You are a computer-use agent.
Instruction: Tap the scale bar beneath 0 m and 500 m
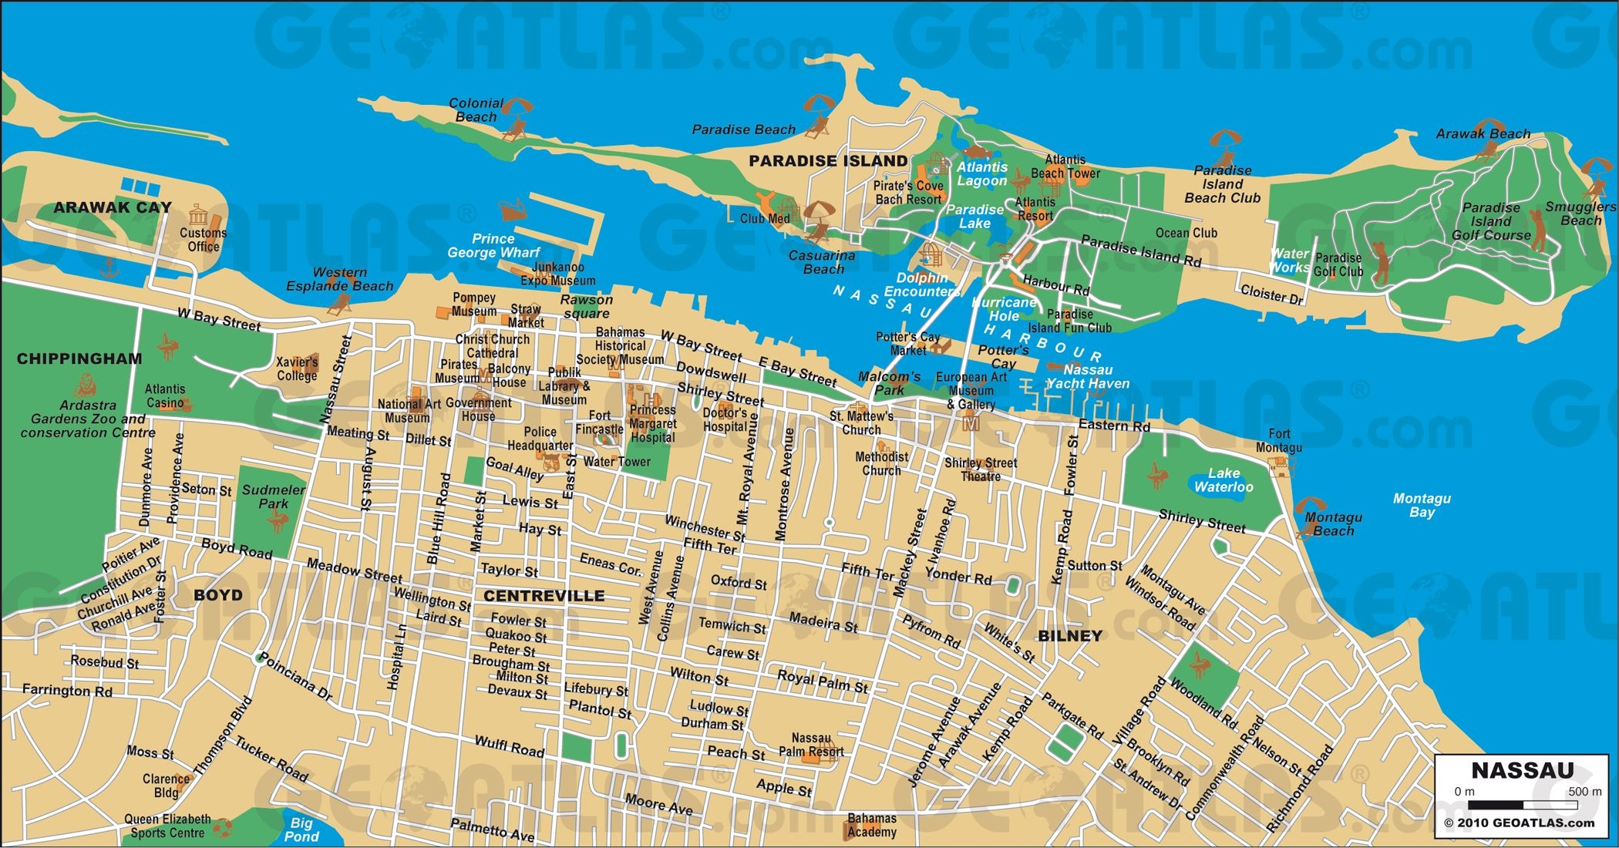pyautogui.click(x=1522, y=806)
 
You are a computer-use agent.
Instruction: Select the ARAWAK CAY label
pyautogui.click(x=113, y=207)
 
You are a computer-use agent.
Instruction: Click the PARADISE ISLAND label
pyautogui.click(x=828, y=161)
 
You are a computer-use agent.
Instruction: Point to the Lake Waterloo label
pyautogui.click(x=1224, y=480)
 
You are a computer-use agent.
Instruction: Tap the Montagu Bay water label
pyautogui.click(x=1422, y=505)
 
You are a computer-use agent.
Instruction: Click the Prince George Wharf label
pyautogui.click(x=493, y=245)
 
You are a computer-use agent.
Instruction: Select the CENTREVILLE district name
pyautogui.click(x=544, y=596)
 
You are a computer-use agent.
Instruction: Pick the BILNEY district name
pyautogui.click(x=1070, y=636)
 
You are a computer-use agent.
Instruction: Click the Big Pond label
pyautogui.click(x=301, y=829)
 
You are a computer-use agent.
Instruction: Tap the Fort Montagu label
pyautogui.click(x=1279, y=440)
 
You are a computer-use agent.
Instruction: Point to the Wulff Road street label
pyautogui.click(x=509, y=745)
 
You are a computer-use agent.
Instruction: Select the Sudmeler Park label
pyautogui.click(x=273, y=496)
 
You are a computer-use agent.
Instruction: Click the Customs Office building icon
pyautogui.click(x=198, y=214)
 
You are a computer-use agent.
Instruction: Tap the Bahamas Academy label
pyautogui.click(x=872, y=825)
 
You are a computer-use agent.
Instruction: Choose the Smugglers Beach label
pyautogui.click(x=1580, y=214)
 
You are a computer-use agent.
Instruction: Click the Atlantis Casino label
pyautogui.click(x=165, y=395)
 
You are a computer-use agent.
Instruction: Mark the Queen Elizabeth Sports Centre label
pyautogui.click(x=167, y=826)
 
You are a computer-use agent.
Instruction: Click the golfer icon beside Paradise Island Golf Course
pyautogui.click(x=1538, y=231)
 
